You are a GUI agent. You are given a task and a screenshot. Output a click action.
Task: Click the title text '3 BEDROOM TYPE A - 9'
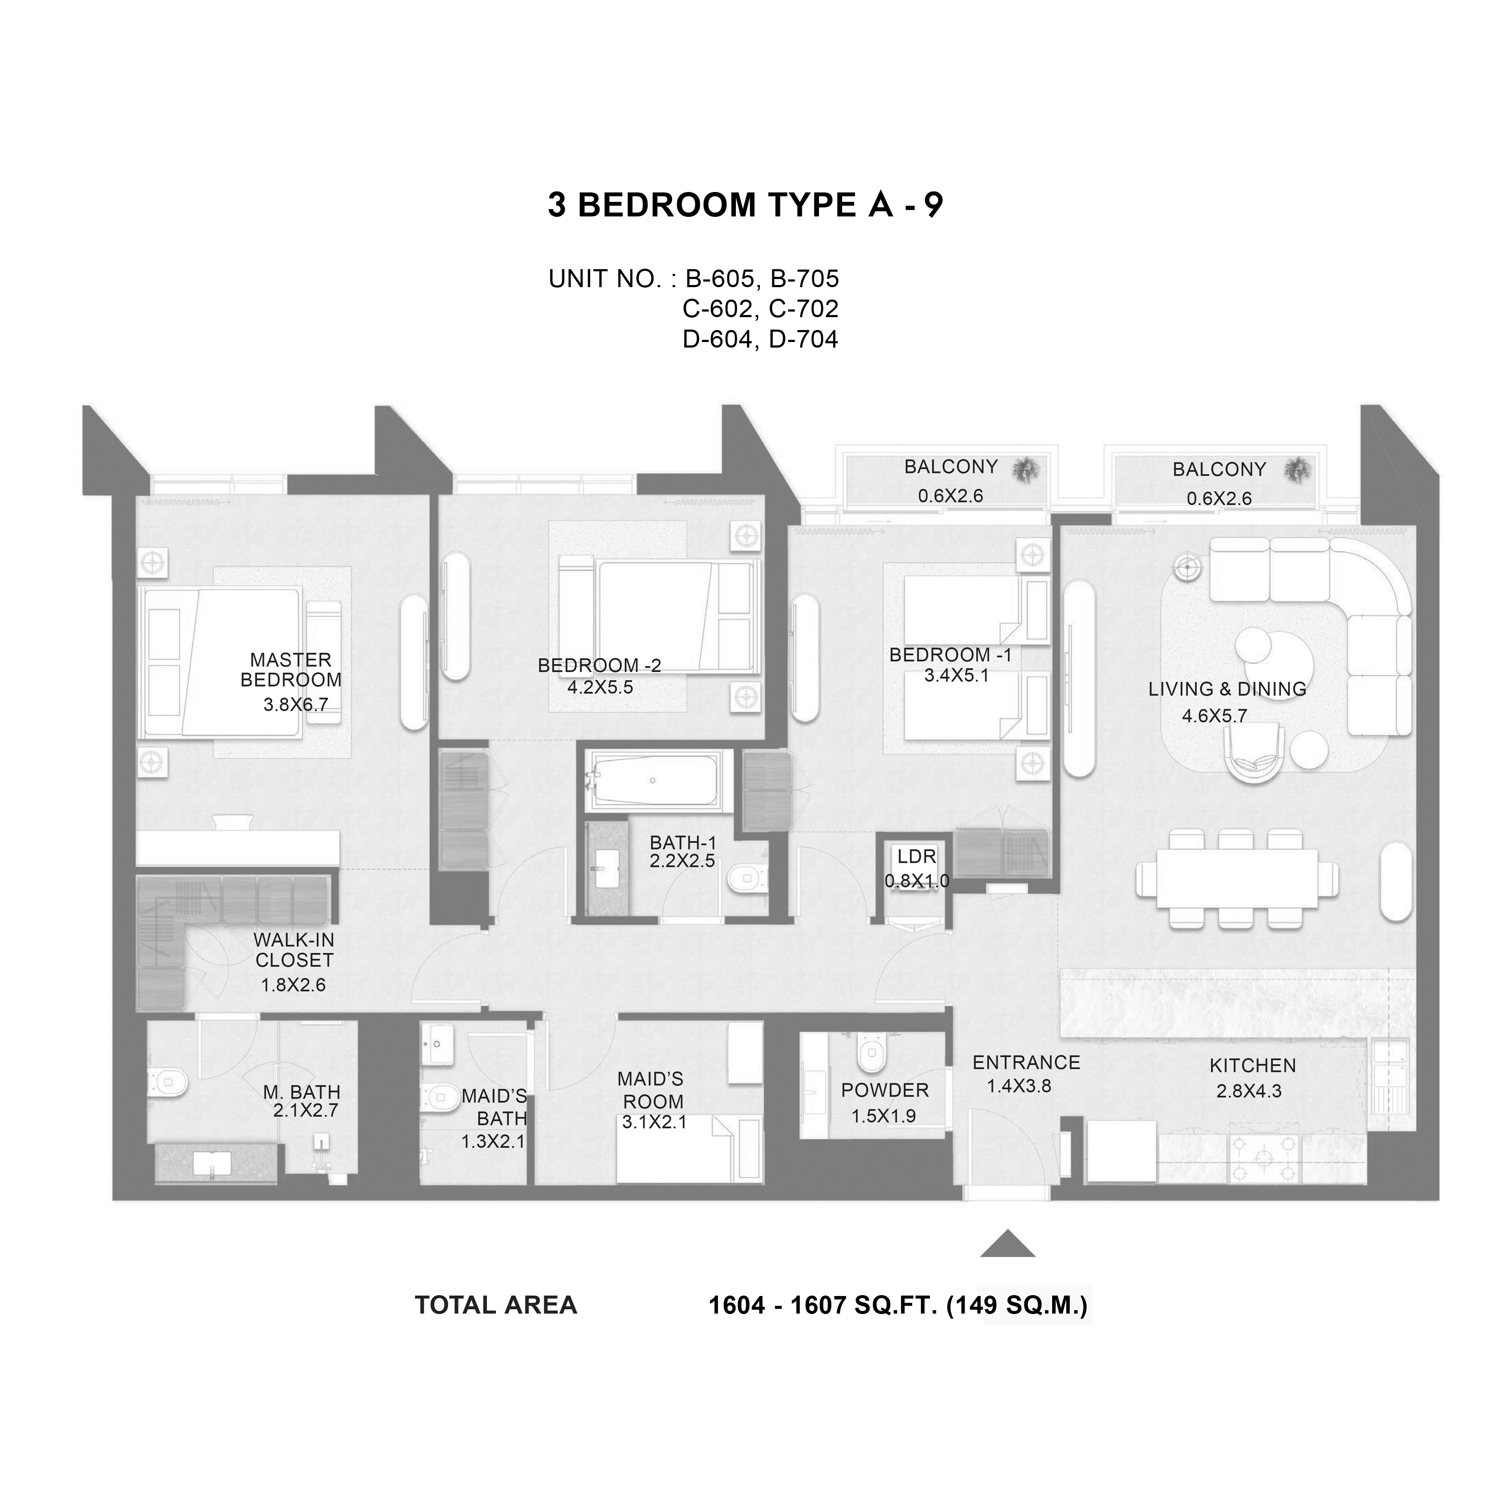coord(745,205)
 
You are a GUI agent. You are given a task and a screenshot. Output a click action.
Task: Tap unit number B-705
coord(804,278)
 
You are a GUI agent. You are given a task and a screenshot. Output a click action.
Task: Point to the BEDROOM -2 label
coord(600,666)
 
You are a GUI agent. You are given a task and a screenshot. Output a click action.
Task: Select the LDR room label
coord(917,856)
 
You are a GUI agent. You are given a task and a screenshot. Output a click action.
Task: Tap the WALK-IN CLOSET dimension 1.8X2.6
coord(294,985)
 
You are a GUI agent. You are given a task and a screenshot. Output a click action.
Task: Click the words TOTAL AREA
coord(496,1305)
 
